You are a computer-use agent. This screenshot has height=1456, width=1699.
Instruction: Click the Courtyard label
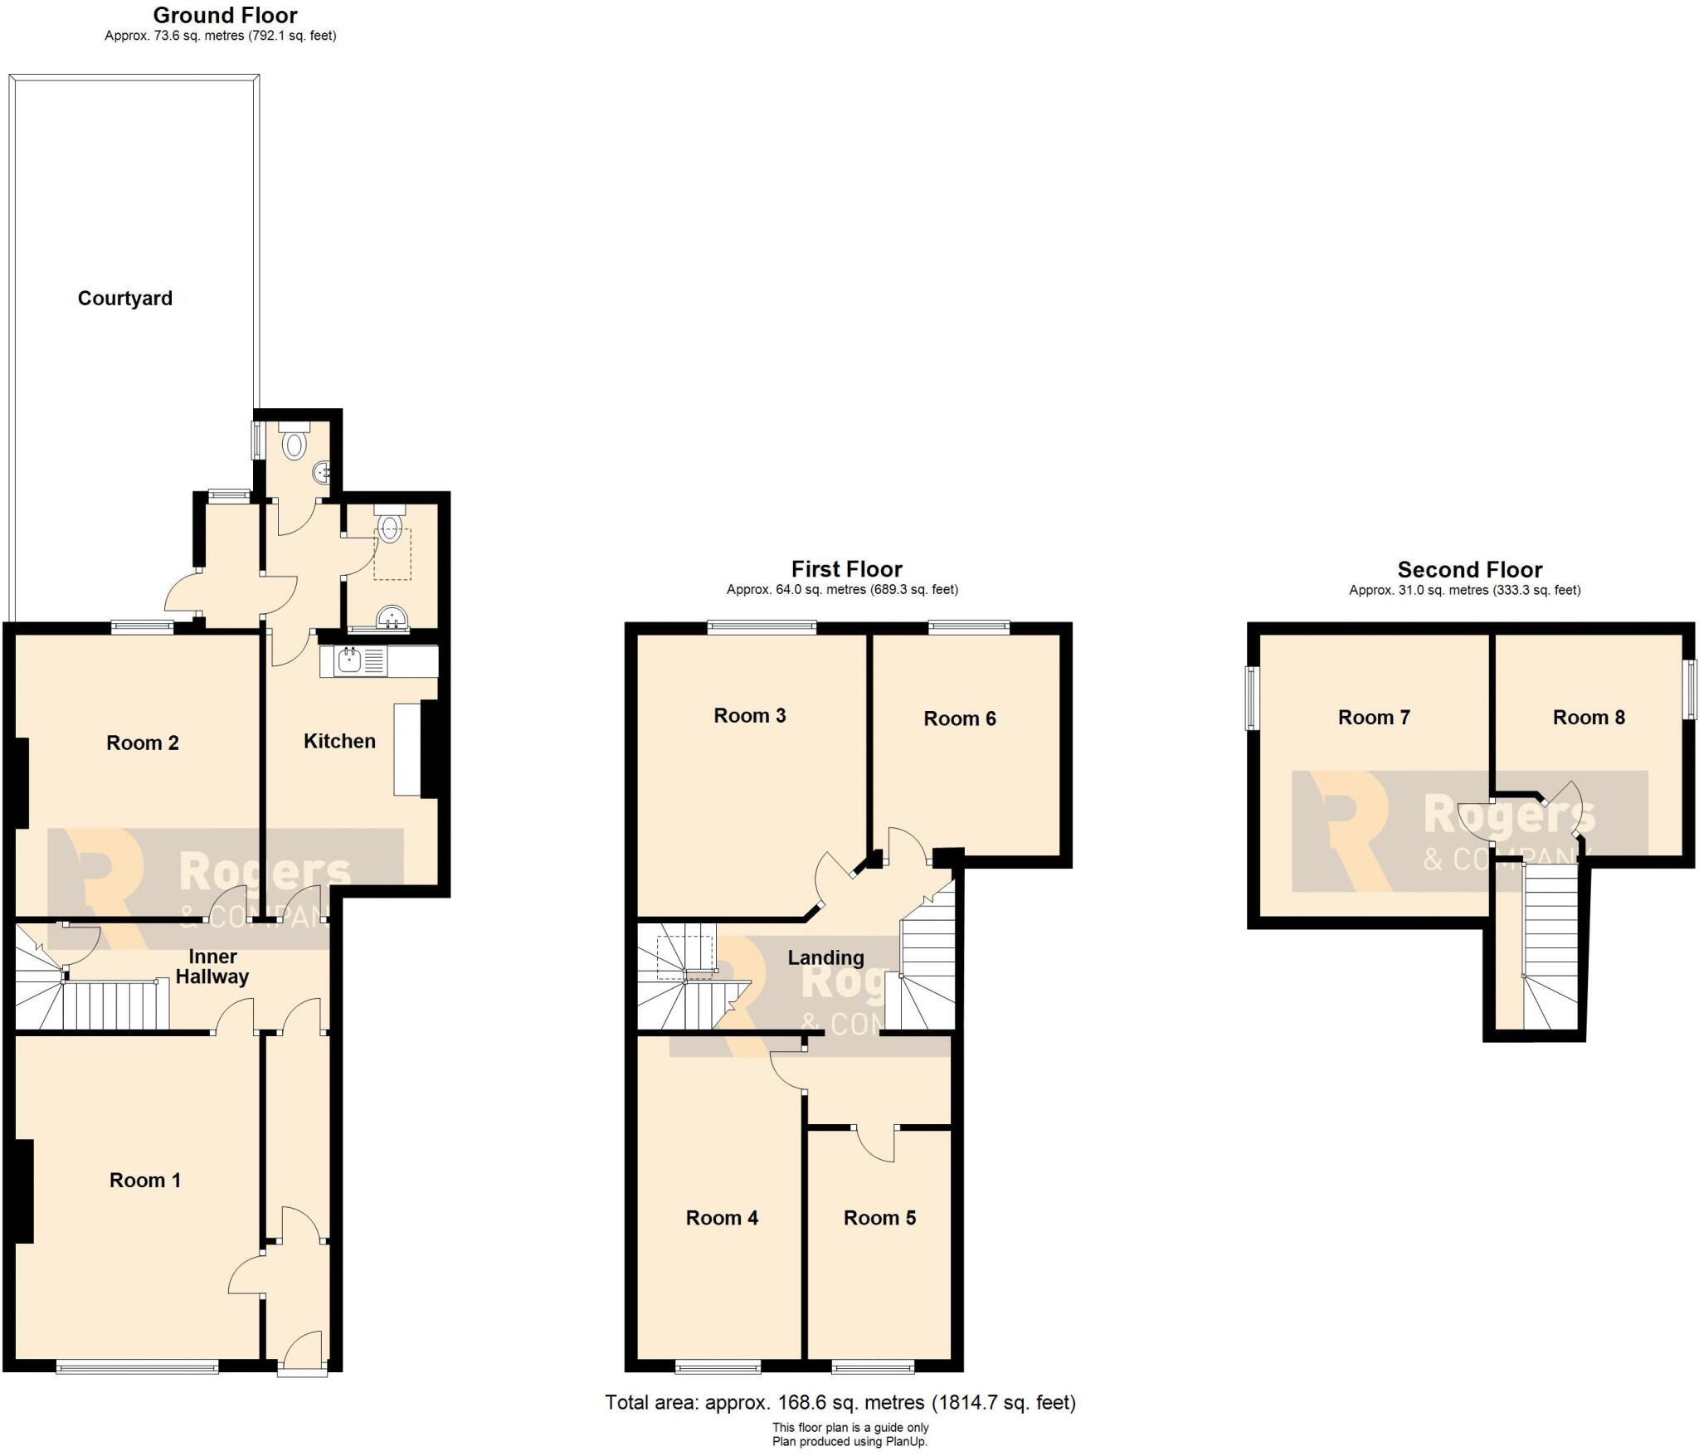125,299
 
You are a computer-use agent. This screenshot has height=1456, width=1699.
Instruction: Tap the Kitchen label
339,741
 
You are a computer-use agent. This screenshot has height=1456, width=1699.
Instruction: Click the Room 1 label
145,1180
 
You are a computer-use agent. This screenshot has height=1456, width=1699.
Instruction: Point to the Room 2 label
143,743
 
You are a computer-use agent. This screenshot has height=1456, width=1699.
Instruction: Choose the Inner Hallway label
212,967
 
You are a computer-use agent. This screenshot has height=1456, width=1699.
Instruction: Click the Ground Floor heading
225,15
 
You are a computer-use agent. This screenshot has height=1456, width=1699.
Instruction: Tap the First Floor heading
846,569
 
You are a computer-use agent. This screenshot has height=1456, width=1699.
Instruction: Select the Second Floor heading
1469,570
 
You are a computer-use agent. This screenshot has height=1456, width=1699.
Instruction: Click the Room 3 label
750,715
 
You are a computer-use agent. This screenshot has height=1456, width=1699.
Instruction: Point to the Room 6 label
960,718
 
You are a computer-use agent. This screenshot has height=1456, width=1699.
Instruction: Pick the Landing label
825,957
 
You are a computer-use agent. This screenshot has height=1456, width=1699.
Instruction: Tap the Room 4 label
722,1218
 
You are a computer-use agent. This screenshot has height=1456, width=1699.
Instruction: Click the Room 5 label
879,1218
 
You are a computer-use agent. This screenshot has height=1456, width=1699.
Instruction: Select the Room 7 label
1374,718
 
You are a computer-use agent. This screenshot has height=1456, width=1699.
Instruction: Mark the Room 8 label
1589,718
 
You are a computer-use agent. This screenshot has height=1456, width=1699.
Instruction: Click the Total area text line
840,1402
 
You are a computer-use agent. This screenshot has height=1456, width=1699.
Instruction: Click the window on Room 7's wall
1253,699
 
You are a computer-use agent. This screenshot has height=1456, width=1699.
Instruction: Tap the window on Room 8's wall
1688,689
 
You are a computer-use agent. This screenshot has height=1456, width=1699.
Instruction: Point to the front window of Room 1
138,1366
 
